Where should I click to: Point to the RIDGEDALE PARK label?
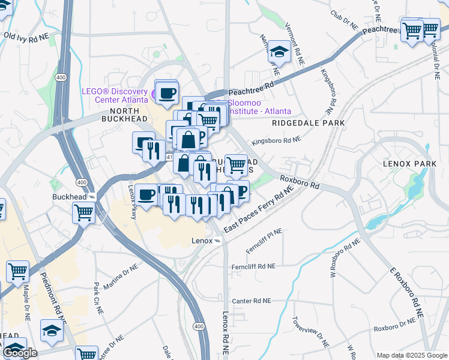click(x=308, y=123)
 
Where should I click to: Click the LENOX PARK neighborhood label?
click(x=408, y=163)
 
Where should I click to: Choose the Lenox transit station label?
click(x=202, y=240)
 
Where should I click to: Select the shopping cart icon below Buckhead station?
click(x=84, y=212)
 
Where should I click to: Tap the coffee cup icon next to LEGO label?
click(x=166, y=93)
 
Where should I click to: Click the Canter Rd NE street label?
click(x=252, y=301)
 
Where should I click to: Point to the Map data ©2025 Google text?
click(x=412, y=355)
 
